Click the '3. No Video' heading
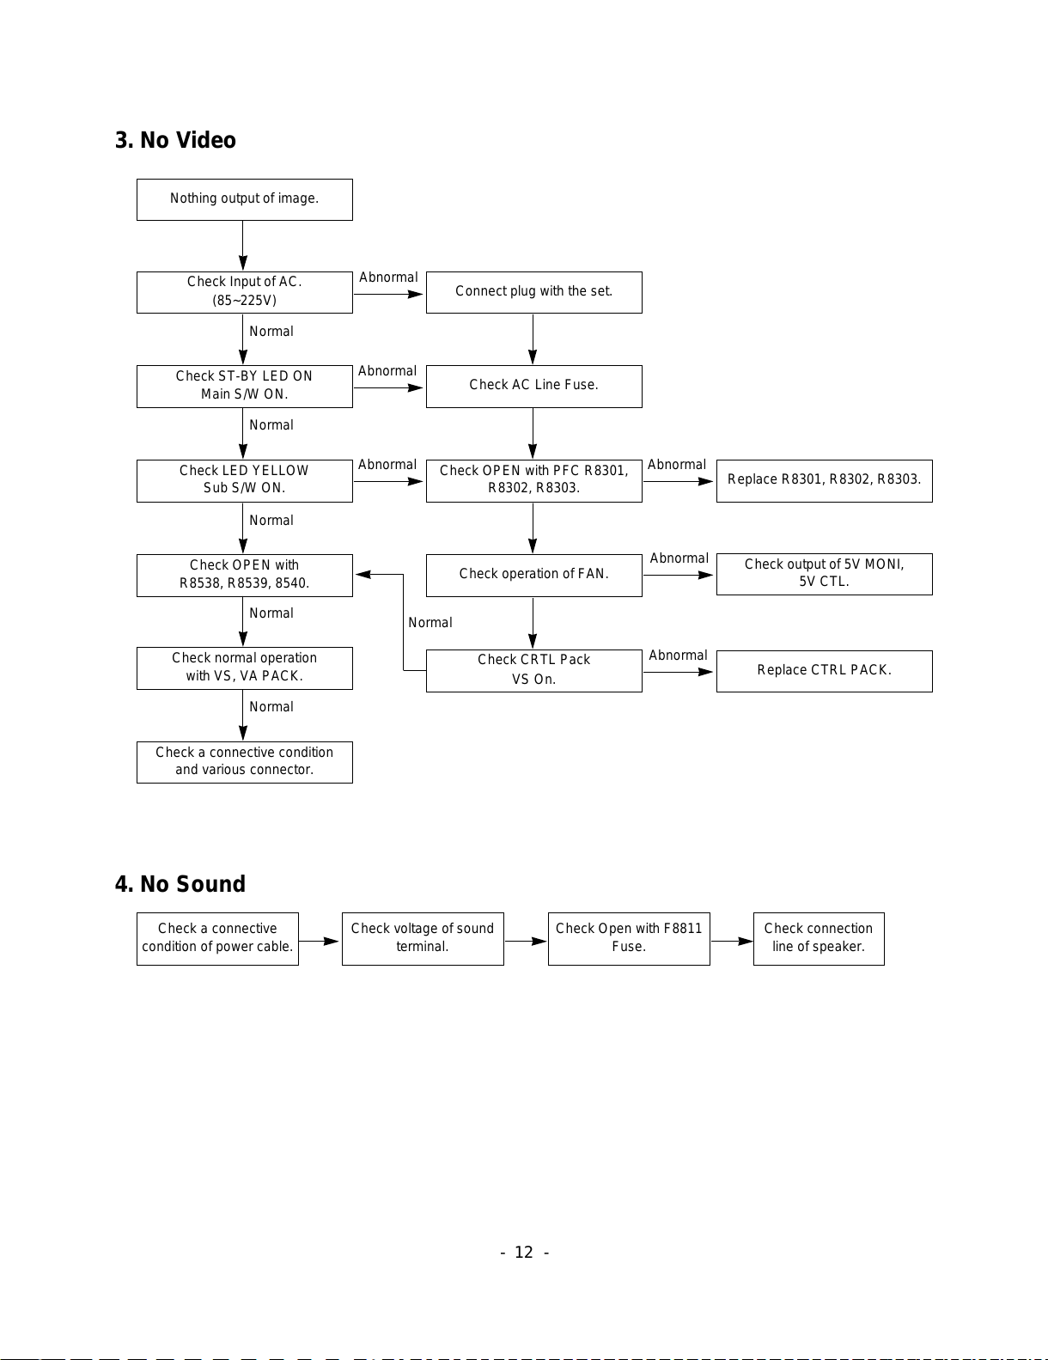[175, 140]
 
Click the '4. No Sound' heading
[180, 884]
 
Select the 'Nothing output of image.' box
[245, 199]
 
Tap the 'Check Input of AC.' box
[245, 292]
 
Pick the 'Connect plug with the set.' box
[533, 292]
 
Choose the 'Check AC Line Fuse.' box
[533, 386]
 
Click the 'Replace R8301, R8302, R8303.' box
[824, 480]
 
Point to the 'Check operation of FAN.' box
[533, 575]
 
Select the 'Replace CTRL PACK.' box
[824, 671]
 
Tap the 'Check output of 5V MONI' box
[824, 574]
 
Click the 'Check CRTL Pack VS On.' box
[533, 671]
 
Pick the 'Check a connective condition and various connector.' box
[245, 762]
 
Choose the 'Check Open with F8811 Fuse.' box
[629, 939]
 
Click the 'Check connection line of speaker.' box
[819, 939]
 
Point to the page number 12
[524, 1252]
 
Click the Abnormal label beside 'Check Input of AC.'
[388, 277]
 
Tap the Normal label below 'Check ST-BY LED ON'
[271, 425]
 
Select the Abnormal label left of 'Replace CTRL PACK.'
[678, 656]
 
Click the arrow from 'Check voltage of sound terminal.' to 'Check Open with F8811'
[526, 941]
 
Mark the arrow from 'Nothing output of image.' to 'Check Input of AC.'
[243, 246]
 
